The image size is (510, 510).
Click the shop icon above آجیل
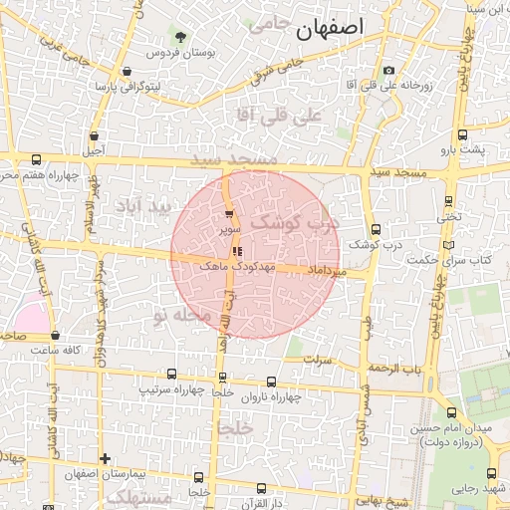(95, 135)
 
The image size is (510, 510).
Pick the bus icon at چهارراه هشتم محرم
(37, 159)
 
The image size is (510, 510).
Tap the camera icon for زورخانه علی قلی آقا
(388, 71)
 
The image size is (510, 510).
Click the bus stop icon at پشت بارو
(462, 134)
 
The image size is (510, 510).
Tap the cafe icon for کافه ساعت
(55, 336)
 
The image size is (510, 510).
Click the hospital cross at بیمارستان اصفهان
(105, 458)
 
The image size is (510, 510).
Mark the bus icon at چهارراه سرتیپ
(172, 374)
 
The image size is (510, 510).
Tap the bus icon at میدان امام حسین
(452, 412)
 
